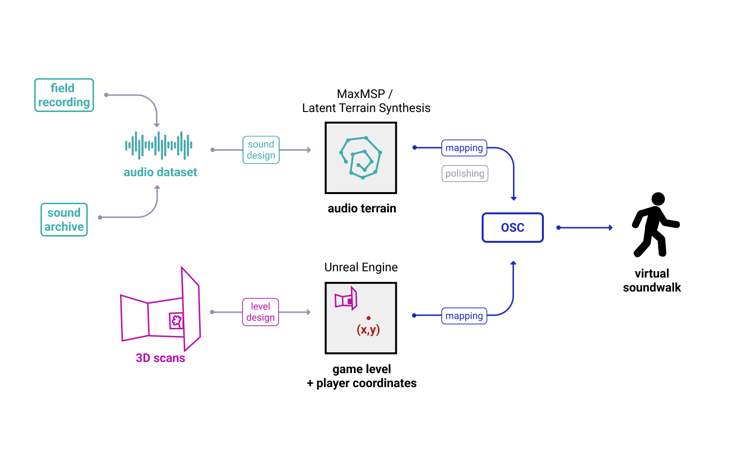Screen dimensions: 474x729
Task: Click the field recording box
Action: pyautogui.click(x=64, y=95)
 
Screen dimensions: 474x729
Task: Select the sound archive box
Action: pyautogui.click(x=64, y=220)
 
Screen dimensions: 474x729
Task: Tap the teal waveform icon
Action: pyautogui.click(x=159, y=145)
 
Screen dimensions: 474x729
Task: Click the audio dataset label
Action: pyautogui.click(x=160, y=172)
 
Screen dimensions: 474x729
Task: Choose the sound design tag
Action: pyautogui.click(x=261, y=150)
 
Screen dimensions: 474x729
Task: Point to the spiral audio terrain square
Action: pyautogui.click(x=361, y=158)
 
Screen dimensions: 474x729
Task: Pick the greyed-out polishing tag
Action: pyautogui.click(x=465, y=173)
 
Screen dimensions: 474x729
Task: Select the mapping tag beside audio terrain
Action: pyautogui.click(x=464, y=148)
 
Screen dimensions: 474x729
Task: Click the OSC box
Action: pyautogui.click(x=513, y=227)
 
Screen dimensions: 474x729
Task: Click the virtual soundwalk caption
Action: pyautogui.click(x=652, y=280)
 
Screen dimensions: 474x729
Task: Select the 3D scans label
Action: pyautogui.click(x=160, y=358)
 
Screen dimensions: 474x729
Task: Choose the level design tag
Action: pyautogui.click(x=260, y=312)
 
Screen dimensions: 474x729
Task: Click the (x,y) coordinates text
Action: pyautogui.click(x=368, y=330)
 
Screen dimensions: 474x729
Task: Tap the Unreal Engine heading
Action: pyautogui.click(x=361, y=267)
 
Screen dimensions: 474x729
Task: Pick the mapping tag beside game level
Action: pyautogui.click(x=464, y=316)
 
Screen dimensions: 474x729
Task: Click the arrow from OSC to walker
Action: pyautogui.click(x=584, y=227)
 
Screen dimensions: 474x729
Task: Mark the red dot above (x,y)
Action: pyautogui.click(x=368, y=318)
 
